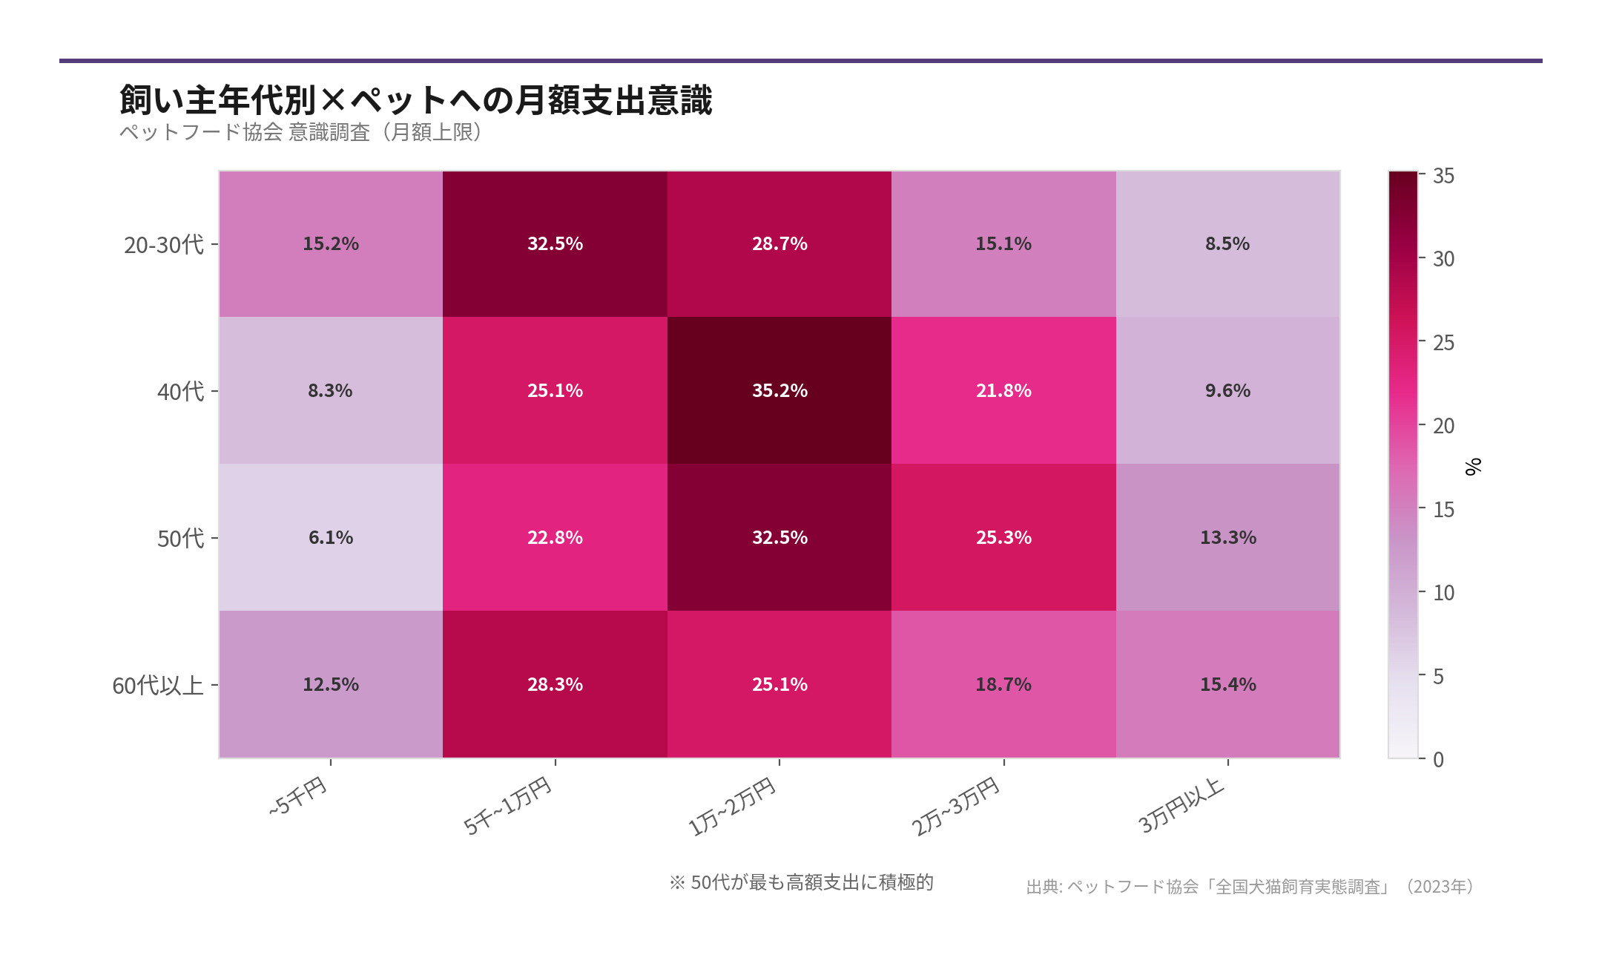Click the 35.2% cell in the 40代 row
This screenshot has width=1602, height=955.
(x=779, y=390)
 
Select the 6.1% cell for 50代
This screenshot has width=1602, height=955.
(x=331, y=537)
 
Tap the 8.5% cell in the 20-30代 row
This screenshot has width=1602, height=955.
(x=1227, y=243)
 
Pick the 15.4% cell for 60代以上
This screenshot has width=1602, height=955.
(x=1227, y=684)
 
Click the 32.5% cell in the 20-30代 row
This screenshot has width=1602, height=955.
(x=555, y=243)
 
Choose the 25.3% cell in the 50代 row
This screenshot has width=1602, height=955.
(x=1003, y=537)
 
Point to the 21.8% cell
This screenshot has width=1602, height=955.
(x=1003, y=390)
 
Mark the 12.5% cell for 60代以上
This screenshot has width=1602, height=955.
(x=331, y=684)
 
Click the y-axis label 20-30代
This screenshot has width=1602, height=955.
(x=163, y=244)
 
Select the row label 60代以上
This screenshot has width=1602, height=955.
(x=157, y=685)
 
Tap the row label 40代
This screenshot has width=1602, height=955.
(x=180, y=391)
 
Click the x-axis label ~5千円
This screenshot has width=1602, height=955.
(x=298, y=796)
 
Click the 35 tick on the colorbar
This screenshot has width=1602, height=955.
(x=1443, y=176)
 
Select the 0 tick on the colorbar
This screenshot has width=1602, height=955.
(x=1438, y=759)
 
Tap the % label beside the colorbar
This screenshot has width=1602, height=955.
(x=1473, y=466)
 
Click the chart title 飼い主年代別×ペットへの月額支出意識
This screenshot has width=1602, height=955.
(x=415, y=100)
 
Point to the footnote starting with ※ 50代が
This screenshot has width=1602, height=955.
(x=801, y=882)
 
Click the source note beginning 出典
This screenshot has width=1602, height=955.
(x=1250, y=887)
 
